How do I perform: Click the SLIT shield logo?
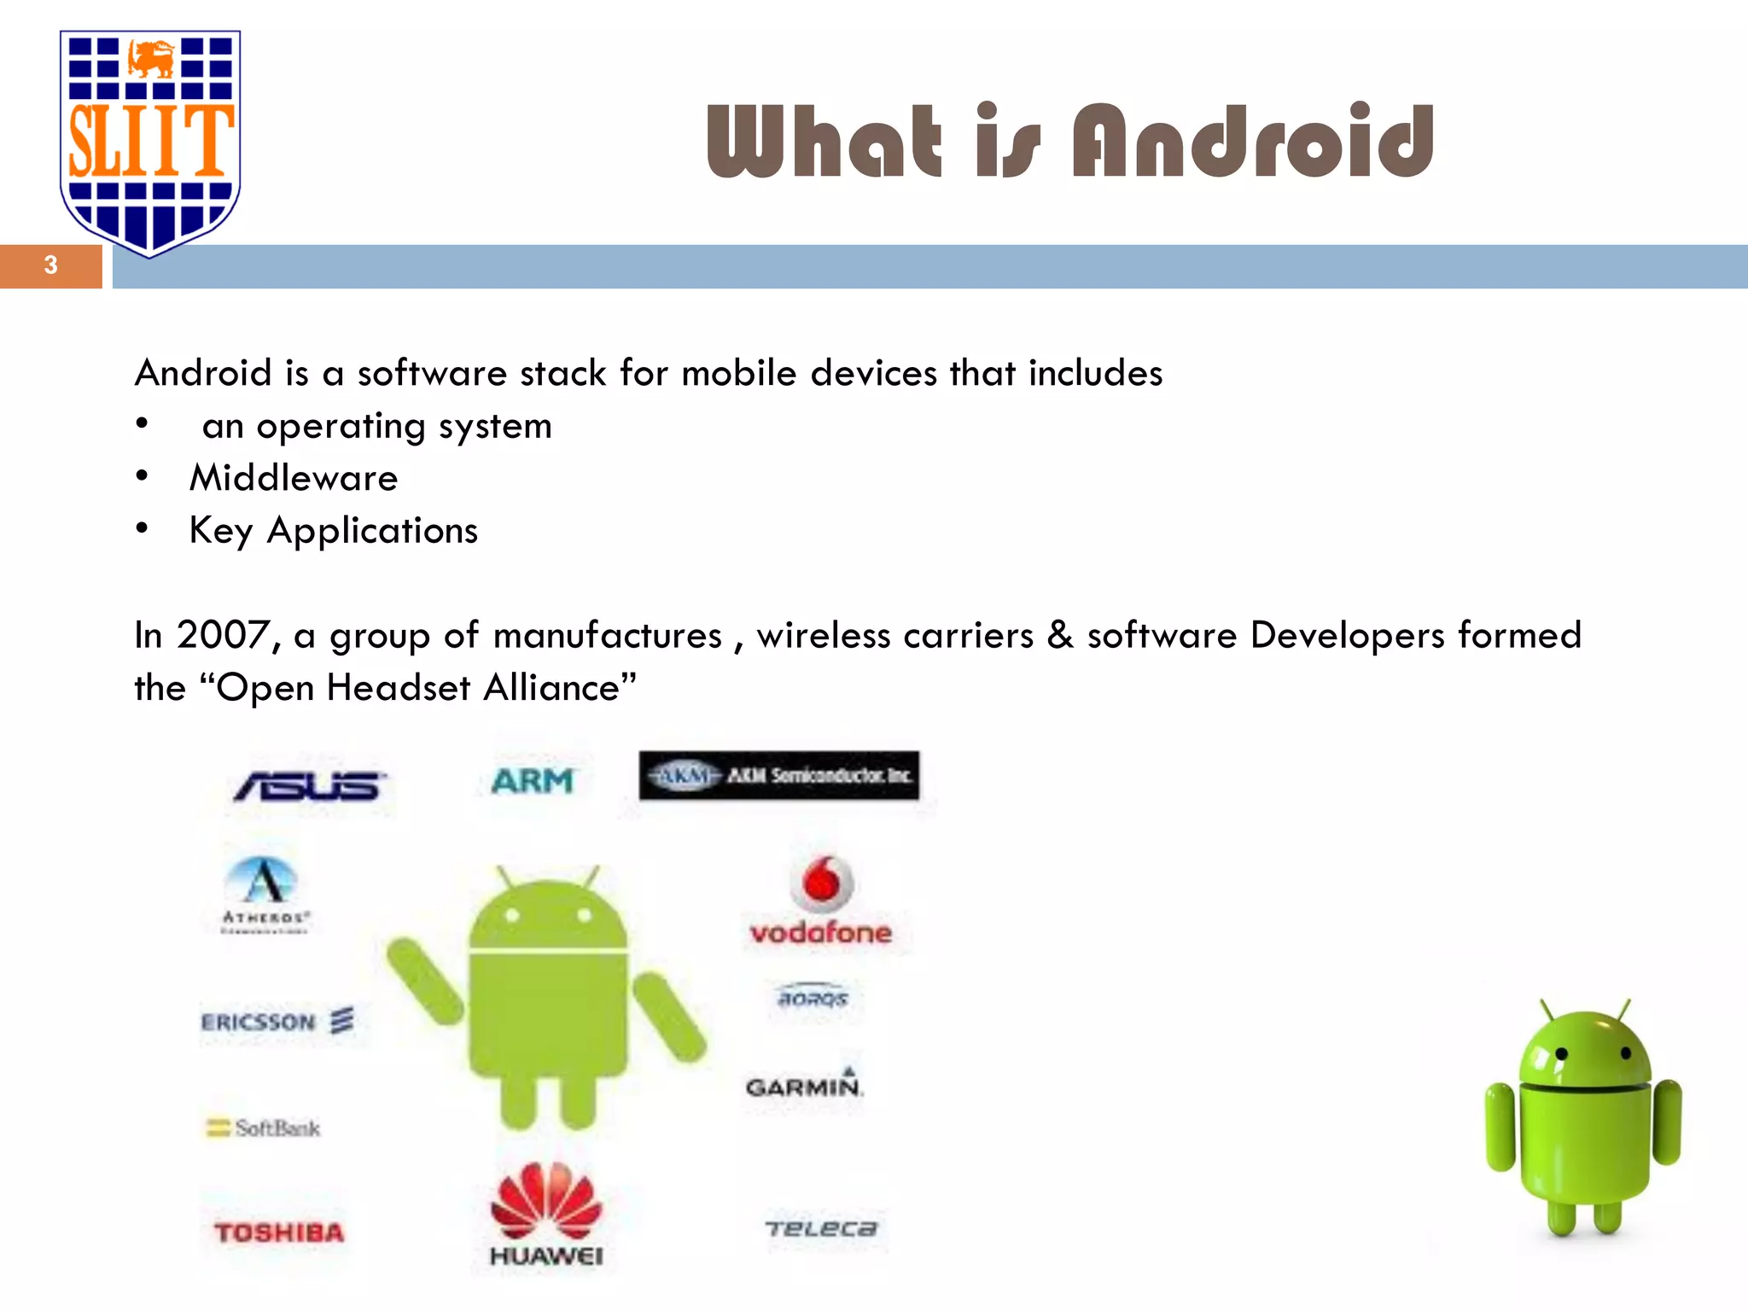pos(150,141)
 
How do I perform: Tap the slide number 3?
pos(51,265)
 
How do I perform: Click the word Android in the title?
pos(1253,141)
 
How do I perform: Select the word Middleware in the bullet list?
pos(294,478)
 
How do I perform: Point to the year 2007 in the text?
pos(223,635)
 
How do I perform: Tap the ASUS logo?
pos(309,785)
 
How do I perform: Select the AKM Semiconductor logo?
pos(779,775)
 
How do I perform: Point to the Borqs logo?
pos(813,997)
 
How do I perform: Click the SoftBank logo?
pos(265,1128)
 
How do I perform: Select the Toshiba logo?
pos(279,1232)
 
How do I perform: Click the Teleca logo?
pos(821,1229)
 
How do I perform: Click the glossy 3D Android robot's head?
pos(1586,1050)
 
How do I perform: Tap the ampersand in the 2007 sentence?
pos(1060,635)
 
